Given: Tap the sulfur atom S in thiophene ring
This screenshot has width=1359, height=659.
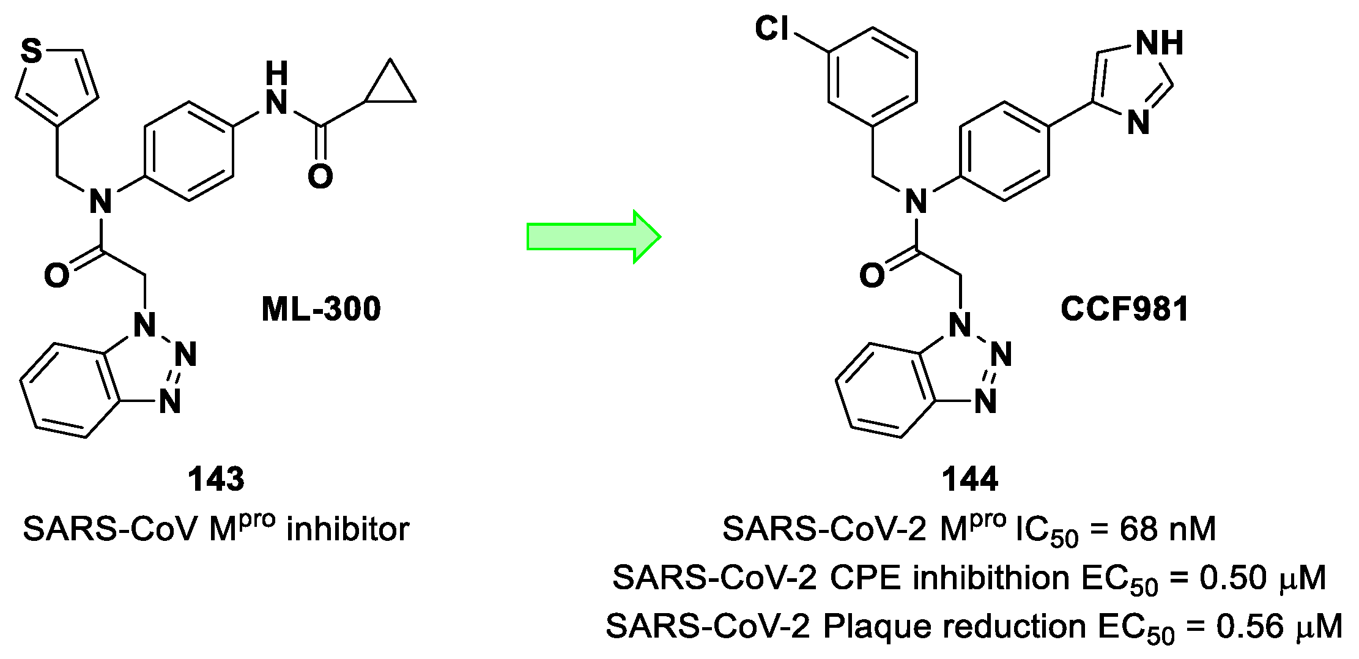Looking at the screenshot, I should point(32,51).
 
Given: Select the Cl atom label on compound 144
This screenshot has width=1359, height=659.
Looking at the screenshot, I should point(772,29).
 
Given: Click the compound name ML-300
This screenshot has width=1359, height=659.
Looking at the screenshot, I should point(321,309).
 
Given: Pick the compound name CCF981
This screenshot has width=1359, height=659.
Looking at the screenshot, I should point(1124,309).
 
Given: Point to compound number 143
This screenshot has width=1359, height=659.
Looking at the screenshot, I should point(216,479).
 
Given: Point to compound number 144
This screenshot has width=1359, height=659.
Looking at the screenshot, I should point(970,479).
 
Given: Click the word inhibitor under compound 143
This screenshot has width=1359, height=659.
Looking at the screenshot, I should point(347,529).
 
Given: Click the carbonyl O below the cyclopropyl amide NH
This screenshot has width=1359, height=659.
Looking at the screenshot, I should point(320,176).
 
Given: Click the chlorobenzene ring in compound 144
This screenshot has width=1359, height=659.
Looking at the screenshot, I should point(873,77).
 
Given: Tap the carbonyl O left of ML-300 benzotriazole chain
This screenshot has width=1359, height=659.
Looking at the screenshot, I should point(56,275).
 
